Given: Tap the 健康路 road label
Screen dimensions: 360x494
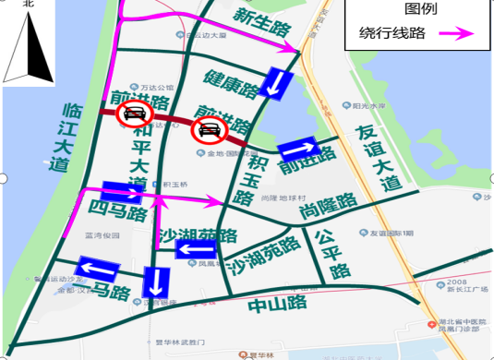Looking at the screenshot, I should pyautogui.click(x=232, y=82).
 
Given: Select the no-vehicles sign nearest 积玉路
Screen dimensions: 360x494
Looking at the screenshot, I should pyautogui.click(x=209, y=129).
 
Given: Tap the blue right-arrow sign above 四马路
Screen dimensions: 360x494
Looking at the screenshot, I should pyautogui.click(x=122, y=192).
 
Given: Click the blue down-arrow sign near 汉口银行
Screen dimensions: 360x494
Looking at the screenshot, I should pyautogui.click(x=155, y=282).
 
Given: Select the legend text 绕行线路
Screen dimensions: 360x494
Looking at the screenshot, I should pyautogui.click(x=392, y=34).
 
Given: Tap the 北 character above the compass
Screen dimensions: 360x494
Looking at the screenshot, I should pyautogui.click(x=28, y=5).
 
